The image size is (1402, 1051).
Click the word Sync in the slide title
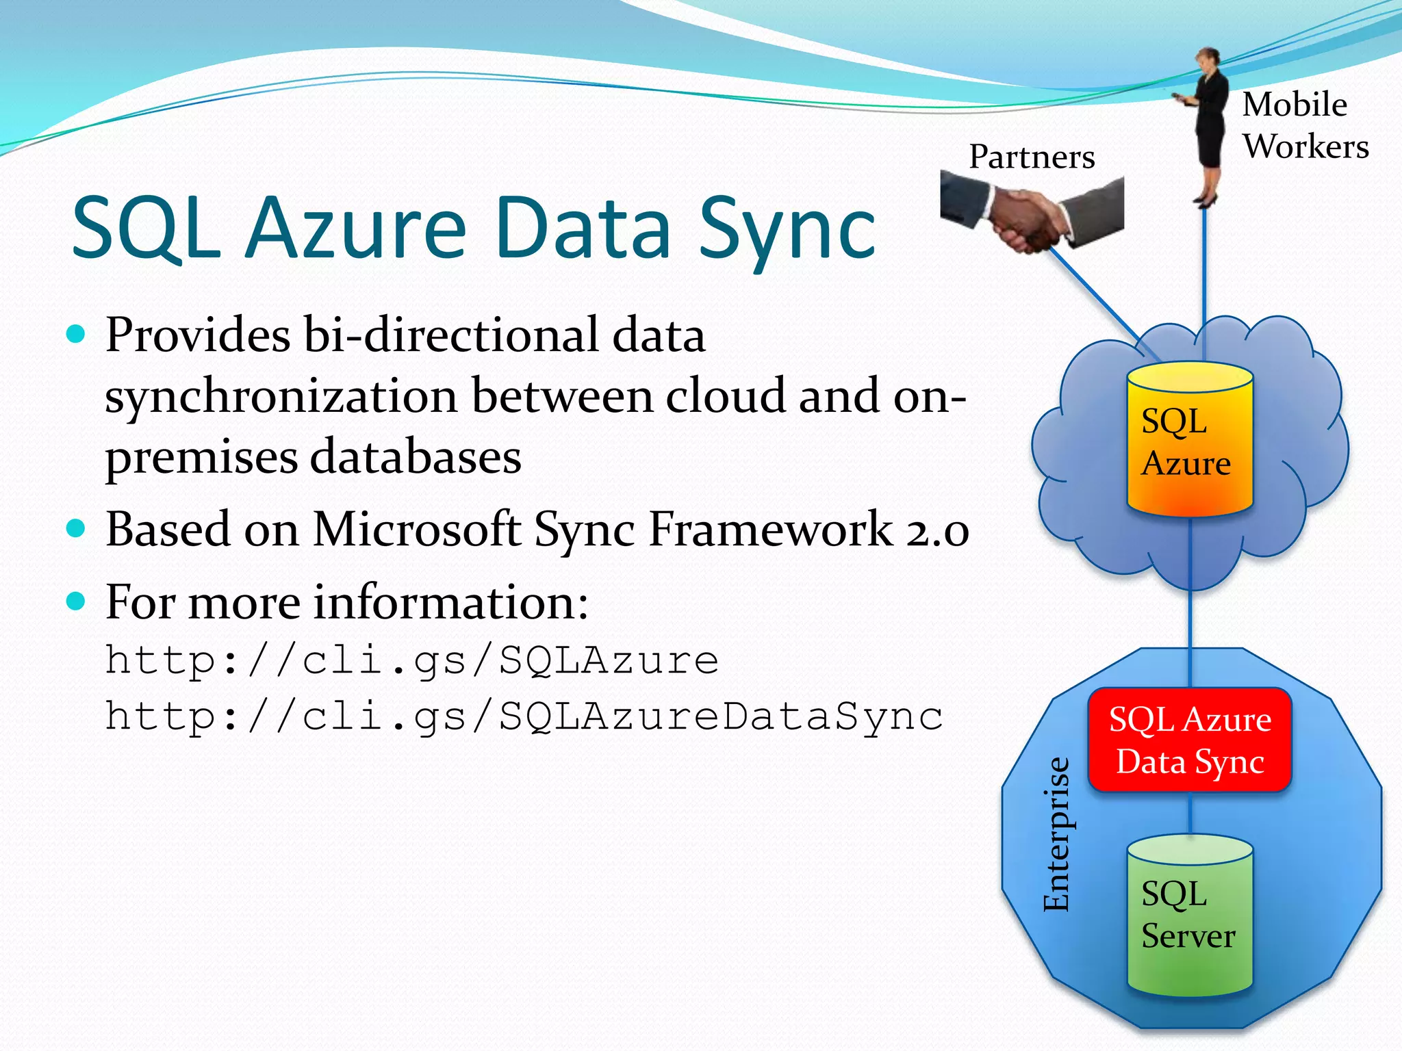[787, 229]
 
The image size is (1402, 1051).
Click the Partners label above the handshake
[1032, 157]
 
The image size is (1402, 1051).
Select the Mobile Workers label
[1304, 126]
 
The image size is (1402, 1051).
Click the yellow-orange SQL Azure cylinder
[1190, 441]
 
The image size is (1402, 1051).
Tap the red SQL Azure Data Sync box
[1190, 740]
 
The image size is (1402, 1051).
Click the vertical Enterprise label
[1056, 834]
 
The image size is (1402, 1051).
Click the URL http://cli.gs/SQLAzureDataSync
[524, 717]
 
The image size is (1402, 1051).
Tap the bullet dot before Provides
[76, 335]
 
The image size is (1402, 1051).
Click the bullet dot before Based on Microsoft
[76, 529]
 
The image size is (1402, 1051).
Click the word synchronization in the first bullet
[281, 397]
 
